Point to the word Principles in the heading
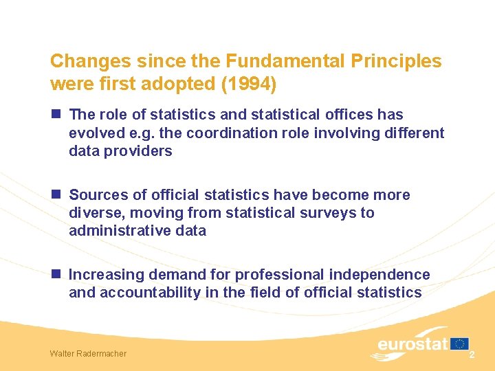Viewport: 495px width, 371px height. [396, 61]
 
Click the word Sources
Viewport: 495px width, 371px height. [96, 195]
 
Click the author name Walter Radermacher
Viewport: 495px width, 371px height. [88, 354]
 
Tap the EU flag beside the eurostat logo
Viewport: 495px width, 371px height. [459, 343]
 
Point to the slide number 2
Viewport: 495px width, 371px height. [472, 355]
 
